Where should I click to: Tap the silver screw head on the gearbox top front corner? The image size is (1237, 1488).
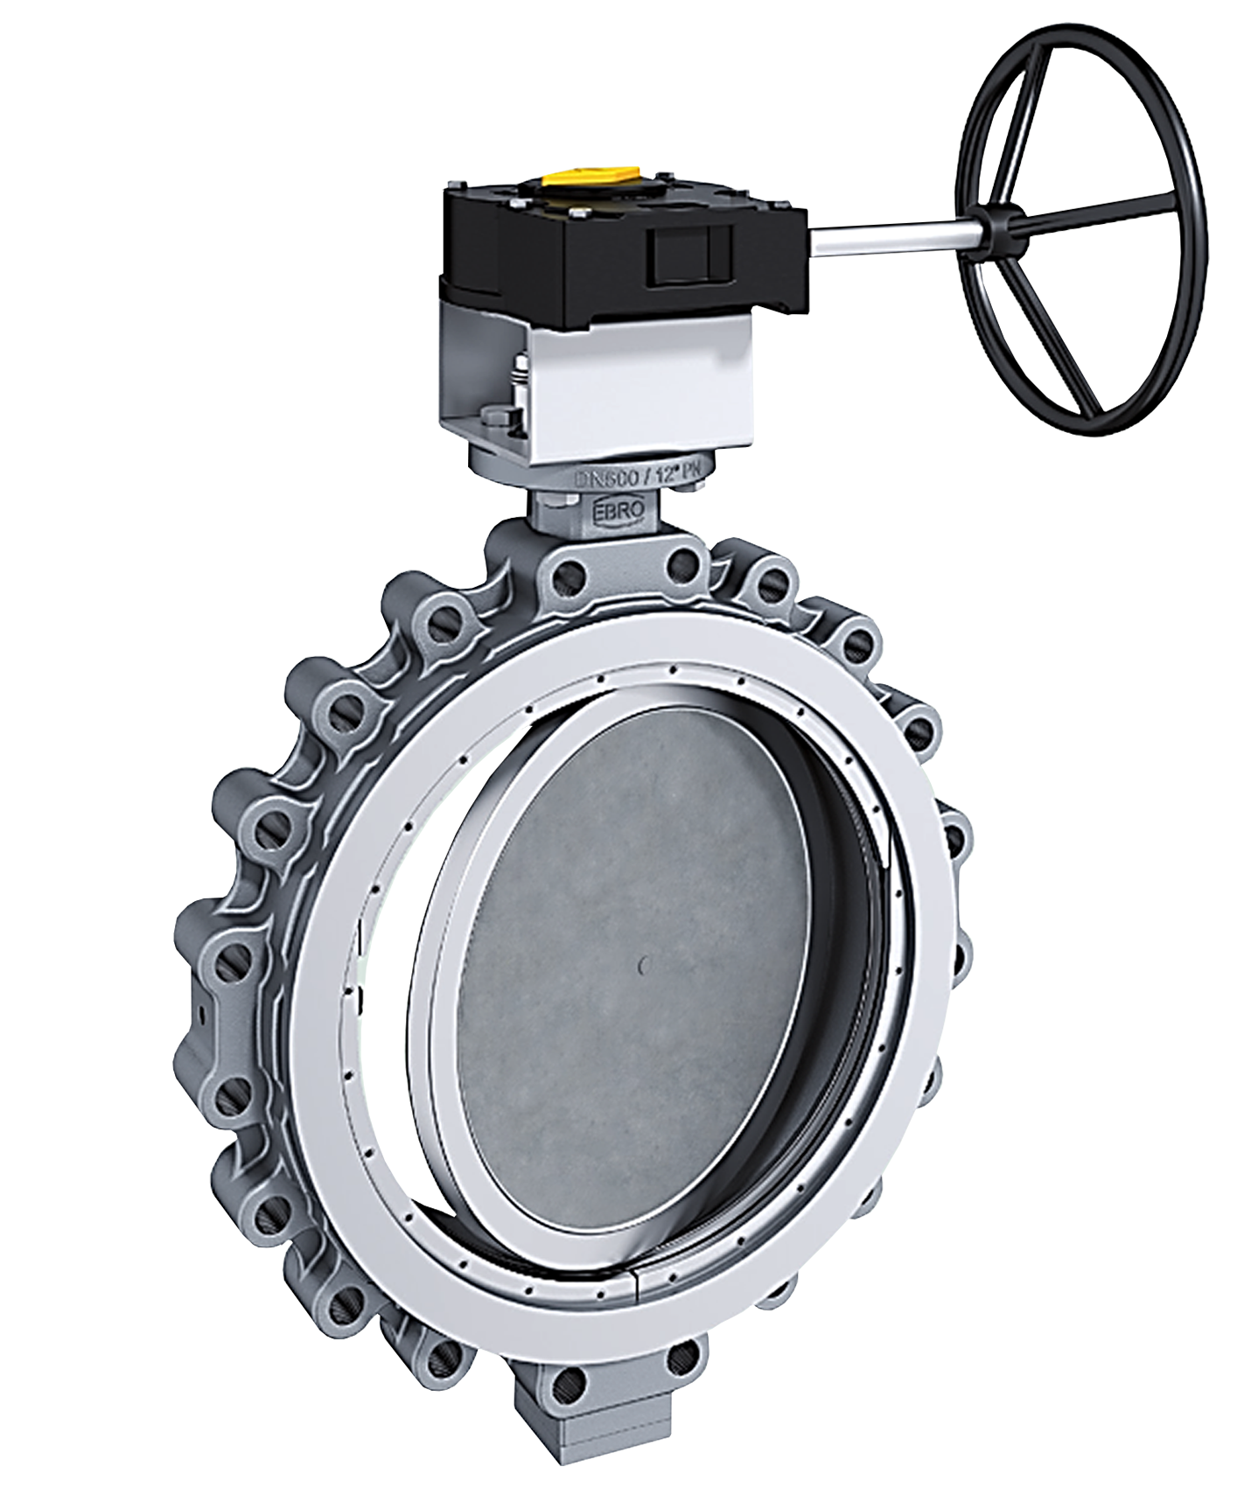pos(577,210)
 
